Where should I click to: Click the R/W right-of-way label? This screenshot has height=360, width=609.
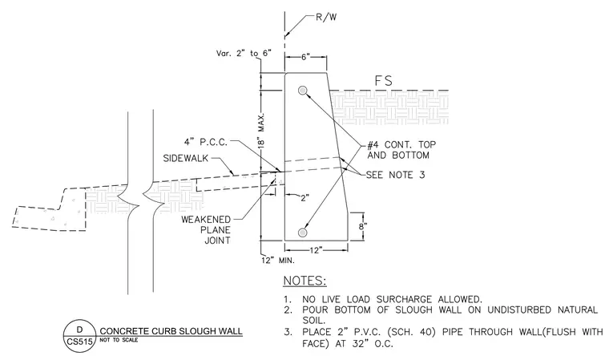326,18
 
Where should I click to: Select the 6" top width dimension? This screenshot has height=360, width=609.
306,57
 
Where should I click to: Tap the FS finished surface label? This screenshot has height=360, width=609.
383,81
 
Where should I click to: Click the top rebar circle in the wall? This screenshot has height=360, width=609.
303,91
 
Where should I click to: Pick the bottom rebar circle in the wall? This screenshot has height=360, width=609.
303,233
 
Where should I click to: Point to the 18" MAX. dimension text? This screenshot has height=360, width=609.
261,131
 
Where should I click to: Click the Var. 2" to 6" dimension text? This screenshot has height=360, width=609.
244,53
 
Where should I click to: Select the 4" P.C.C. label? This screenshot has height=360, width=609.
205,142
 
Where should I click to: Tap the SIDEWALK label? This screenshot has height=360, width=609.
186,158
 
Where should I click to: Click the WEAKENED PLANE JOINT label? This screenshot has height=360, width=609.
206,230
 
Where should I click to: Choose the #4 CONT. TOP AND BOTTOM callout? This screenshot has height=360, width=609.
401,150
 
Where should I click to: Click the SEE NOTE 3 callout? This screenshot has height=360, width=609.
395,175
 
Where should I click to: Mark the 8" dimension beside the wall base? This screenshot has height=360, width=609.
363,226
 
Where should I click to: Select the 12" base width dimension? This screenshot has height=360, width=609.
316,250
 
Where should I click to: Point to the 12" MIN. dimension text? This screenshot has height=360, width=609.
278,261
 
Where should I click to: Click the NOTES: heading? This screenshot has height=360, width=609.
304,281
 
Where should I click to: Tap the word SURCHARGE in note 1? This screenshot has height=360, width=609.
404,299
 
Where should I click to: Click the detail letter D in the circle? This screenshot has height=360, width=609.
79,330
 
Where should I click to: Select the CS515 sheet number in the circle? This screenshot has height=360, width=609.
79,342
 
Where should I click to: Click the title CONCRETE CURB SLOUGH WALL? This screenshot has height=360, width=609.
171,331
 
